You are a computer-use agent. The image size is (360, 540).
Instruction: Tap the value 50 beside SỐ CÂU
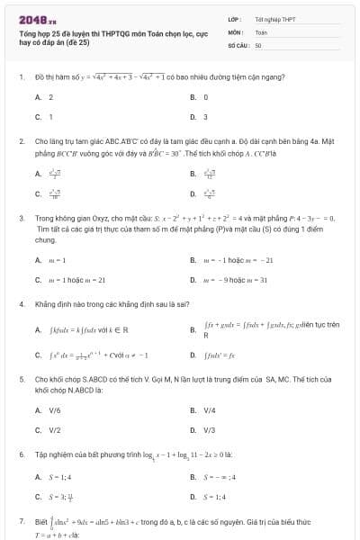[258, 44]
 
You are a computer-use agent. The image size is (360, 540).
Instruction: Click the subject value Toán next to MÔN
[261, 31]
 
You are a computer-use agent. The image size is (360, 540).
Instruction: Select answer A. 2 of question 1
[45, 96]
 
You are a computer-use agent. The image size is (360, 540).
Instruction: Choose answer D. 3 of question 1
[199, 116]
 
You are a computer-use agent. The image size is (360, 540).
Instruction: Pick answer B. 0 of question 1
[199, 96]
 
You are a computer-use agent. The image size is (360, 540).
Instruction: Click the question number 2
[21, 141]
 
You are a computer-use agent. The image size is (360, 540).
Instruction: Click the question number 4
[21, 304]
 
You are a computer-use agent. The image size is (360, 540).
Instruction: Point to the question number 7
[21, 520]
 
